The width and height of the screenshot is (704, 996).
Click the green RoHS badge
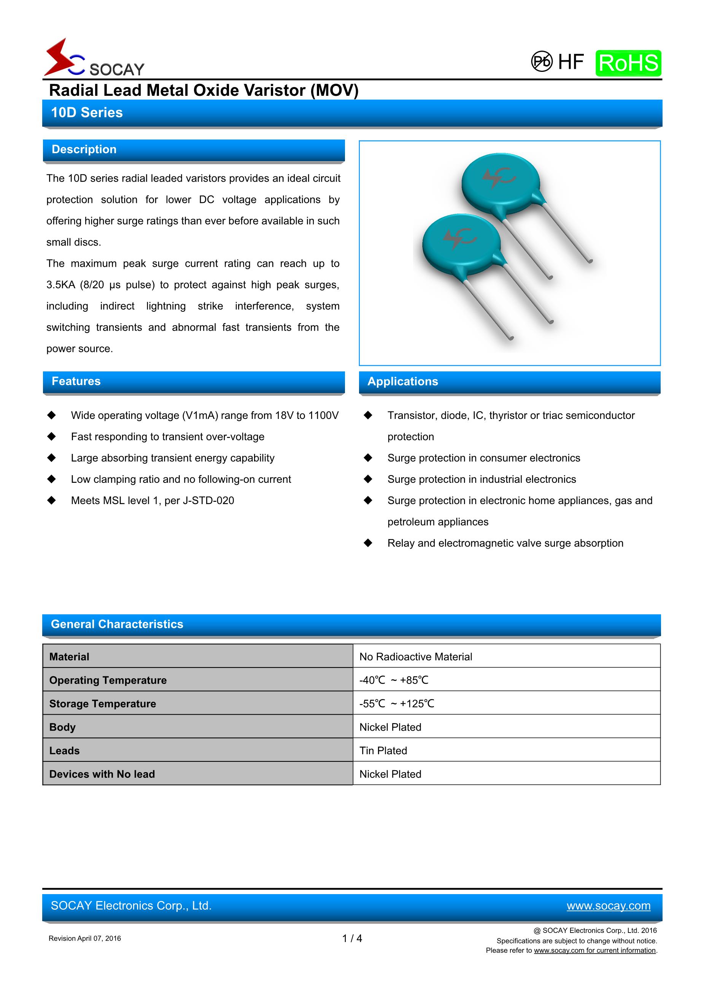(x=628, y=63)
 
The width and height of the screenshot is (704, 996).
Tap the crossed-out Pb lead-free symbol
(x=542, y=62)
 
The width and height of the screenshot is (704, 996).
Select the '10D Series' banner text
(x=87, y=113)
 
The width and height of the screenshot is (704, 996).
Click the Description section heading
(x=84, y=150)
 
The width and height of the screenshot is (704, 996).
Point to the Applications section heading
(x=402, y=382)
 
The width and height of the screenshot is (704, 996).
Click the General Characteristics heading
(x=117, y=624)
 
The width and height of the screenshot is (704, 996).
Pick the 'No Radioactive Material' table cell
(x=415, y=657)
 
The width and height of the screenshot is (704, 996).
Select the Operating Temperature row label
(x=108, y=680)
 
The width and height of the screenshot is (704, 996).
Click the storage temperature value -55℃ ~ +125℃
(x=396, y=704)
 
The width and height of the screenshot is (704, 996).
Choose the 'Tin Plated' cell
(x=383, y=750)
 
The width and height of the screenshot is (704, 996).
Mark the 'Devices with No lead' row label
(x=102, y=774)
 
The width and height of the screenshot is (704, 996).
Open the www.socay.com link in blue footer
(x=608, y=906)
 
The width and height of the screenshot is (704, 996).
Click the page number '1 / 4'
(x=352, y=939)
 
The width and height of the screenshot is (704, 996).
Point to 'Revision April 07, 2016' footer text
(x=85, y=939)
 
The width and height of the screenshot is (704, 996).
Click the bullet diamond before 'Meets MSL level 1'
(x=52, y=501)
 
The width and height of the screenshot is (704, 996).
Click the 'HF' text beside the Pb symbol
(x=571, y=62)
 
